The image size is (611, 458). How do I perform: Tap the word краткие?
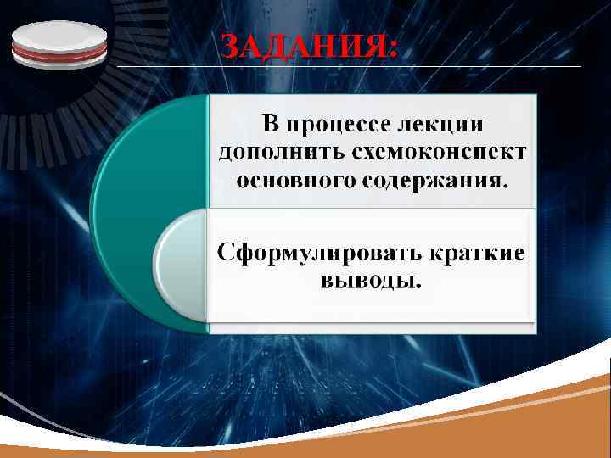click(475, 252)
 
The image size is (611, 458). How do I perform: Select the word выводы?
click(367, 279)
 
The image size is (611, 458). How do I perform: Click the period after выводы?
click(417, 285)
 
